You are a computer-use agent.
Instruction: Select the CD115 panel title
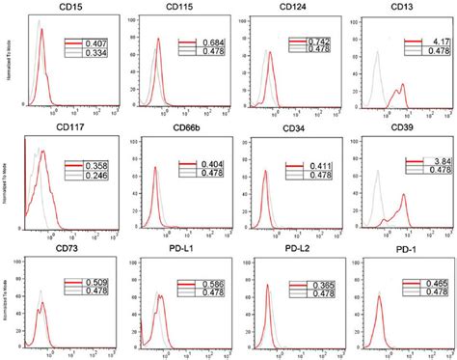point(172,10)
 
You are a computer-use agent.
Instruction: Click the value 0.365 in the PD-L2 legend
point(325,286)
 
